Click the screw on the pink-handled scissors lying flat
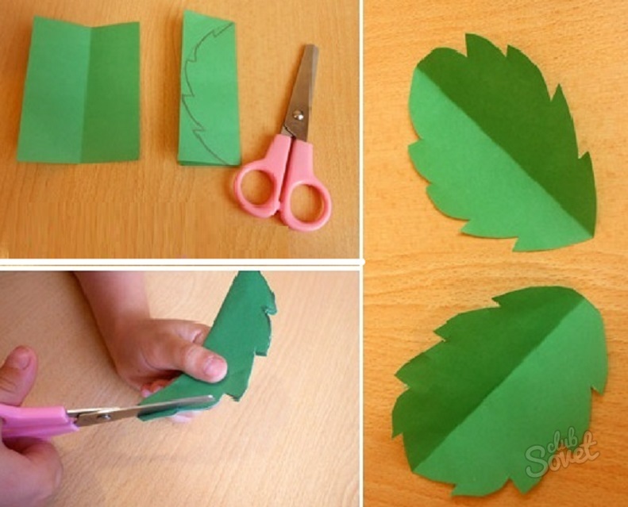click(x=297, y=116)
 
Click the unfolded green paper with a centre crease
click(x=79, y=90)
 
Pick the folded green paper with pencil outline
click(x=209, y=88)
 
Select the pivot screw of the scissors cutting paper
click(x=105, y=417)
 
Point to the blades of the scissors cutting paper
click(x=141, y=409)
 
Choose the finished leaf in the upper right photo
click(x=503, y=144)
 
